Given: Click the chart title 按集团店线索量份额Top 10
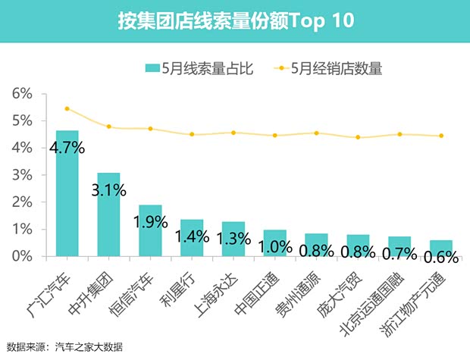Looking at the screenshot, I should [x=235, y=20].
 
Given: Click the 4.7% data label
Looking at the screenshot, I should [x=67, y=148].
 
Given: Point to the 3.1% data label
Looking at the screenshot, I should [x=108, y=190].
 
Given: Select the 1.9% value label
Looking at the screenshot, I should [x=150, y=223].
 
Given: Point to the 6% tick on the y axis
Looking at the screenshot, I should [x=22, y=94].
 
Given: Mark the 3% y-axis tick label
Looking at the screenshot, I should [x=22, y=175].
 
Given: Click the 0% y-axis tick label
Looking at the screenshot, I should [x=22, y=256].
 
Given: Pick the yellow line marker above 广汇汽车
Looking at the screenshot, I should [x=67, y=108].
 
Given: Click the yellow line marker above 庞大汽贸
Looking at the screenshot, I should [x=358, y=137].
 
